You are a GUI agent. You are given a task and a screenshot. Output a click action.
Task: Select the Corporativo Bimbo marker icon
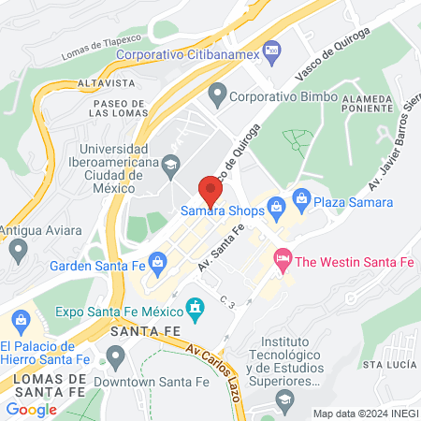218,94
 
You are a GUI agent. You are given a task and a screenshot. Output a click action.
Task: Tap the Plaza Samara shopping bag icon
301,197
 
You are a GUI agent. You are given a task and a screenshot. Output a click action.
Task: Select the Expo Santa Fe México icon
195,307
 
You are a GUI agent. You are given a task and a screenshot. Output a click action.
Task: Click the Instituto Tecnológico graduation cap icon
283,399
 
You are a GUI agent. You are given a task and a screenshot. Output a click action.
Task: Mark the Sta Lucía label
388,363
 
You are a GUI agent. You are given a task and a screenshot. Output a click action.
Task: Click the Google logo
31,409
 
